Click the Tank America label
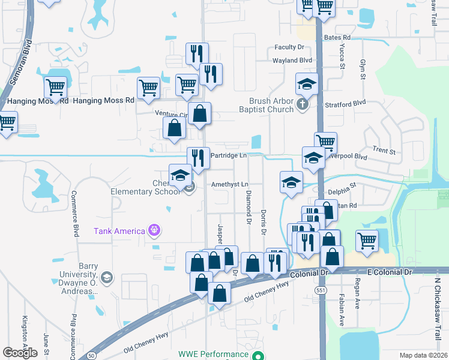coord(119,231)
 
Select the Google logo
coord(20,353)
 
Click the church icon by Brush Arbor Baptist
coord(303,106)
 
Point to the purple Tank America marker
coord(154,230)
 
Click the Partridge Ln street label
coord(228,156)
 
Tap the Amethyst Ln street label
coord(229,184)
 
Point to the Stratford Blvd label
coord(345,104)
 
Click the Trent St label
coord(384,151)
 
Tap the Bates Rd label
coord(337,37)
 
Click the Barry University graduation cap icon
coord(106,277)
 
